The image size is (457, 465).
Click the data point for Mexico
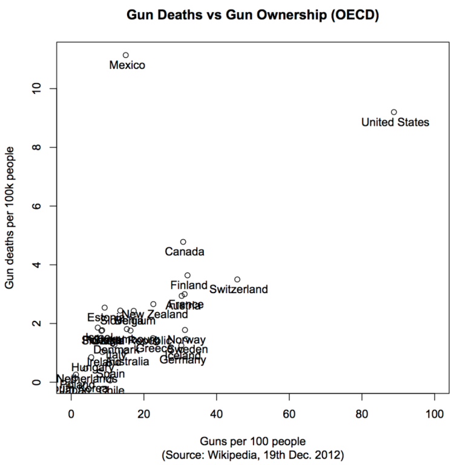126,55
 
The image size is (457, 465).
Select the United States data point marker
394,112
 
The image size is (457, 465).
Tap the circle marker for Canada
183,242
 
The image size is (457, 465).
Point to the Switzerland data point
237,279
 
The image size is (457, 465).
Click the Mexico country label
127,65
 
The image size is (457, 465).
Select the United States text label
395,122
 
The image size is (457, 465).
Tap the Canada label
185,252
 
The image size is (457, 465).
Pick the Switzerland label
238,289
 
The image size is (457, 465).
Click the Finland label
189,285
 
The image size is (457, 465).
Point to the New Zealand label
154,315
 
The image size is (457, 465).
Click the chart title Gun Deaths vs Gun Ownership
252,15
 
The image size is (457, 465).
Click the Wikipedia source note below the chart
252,453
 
